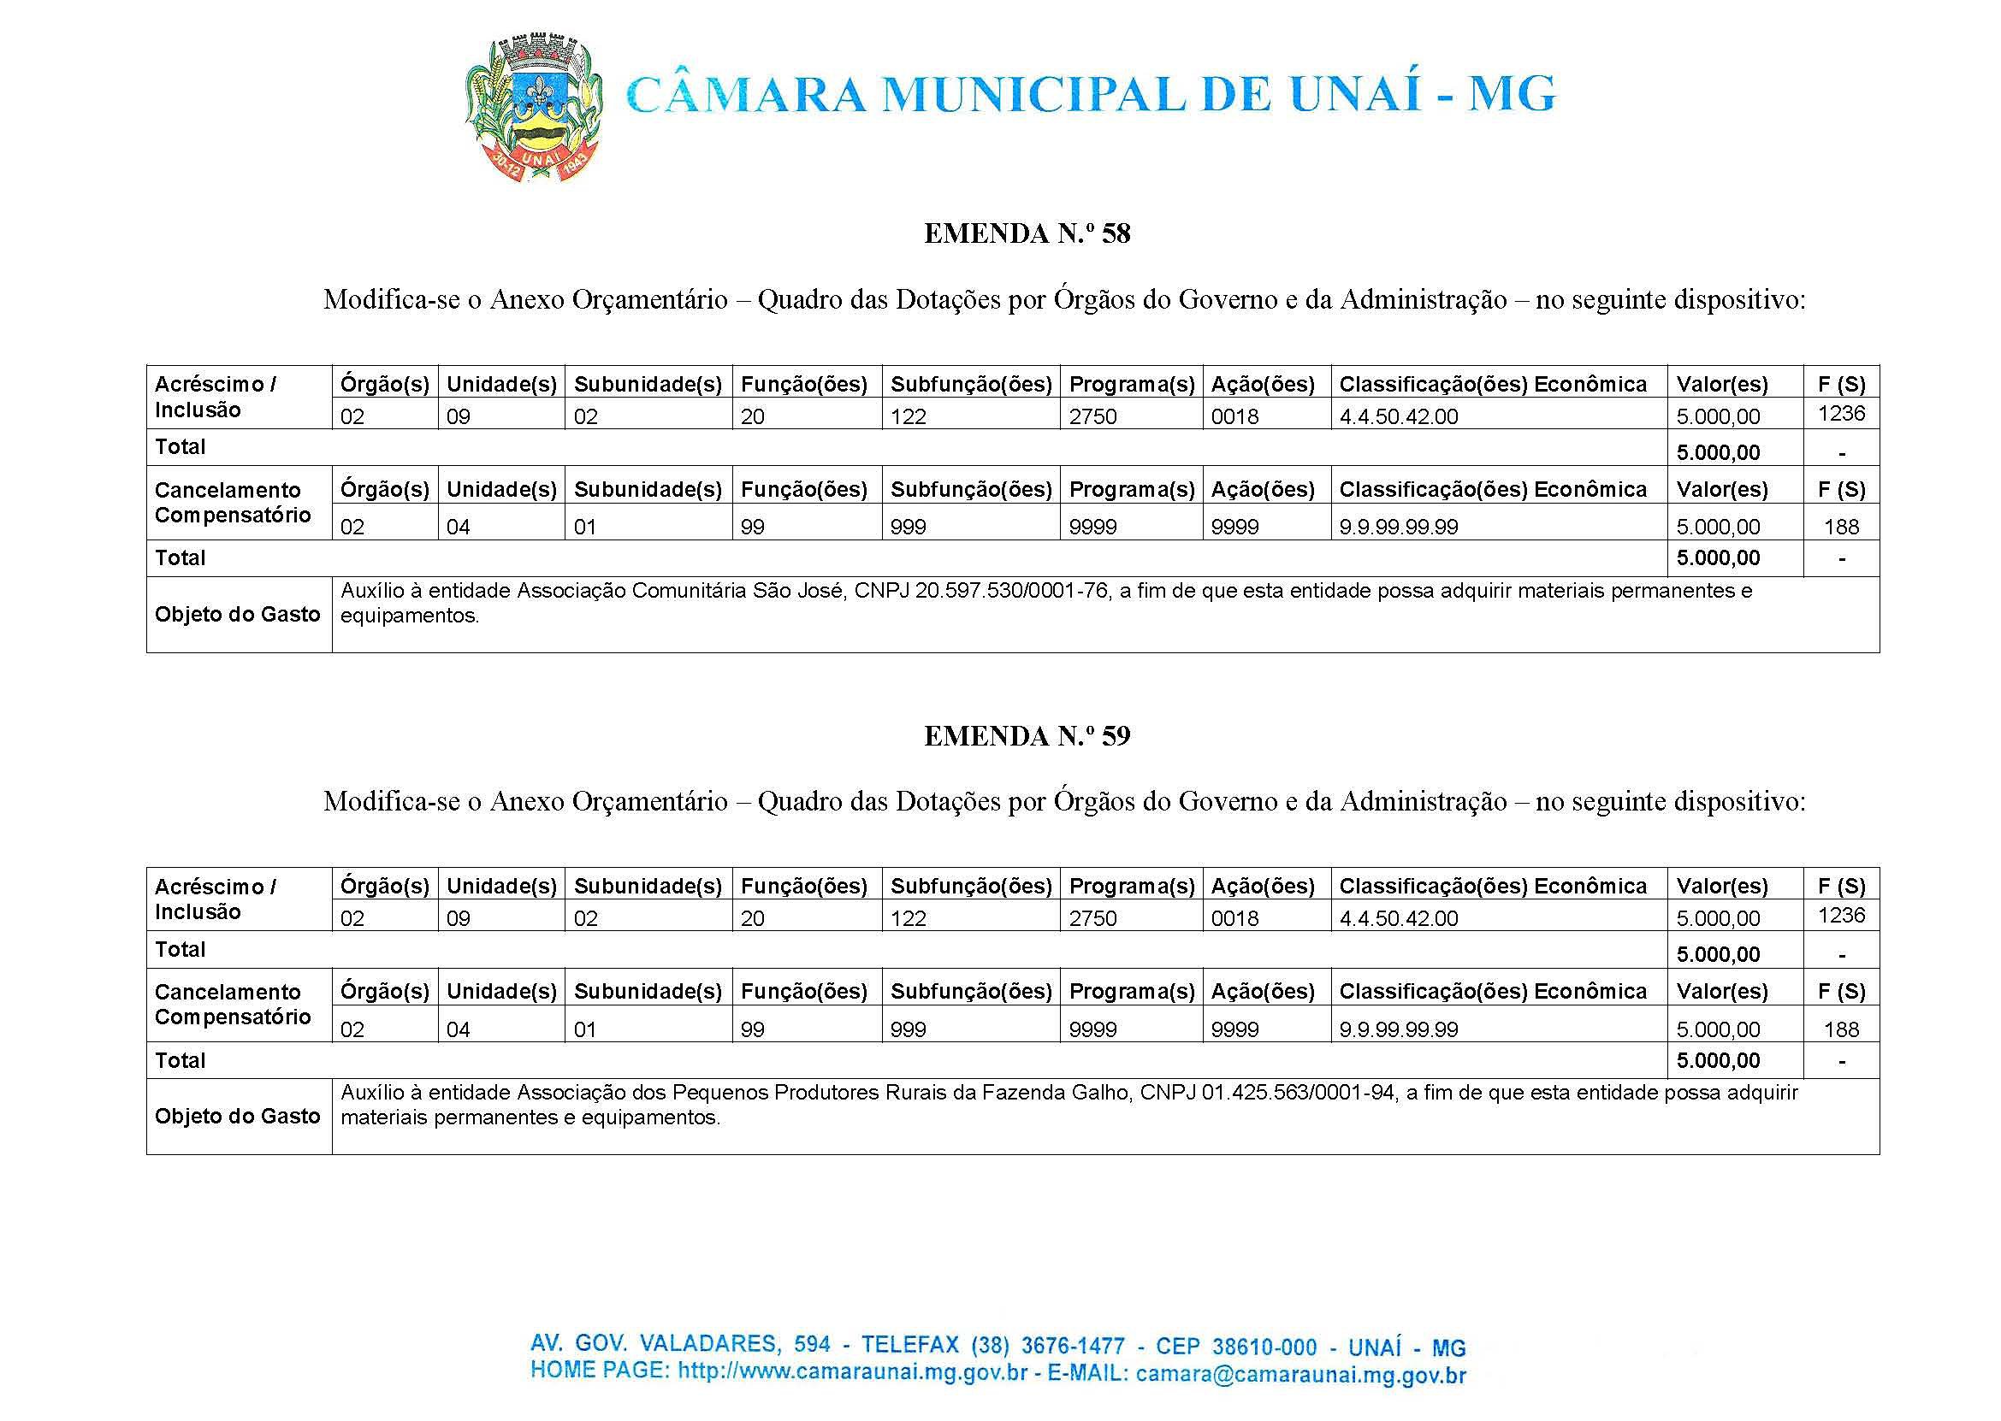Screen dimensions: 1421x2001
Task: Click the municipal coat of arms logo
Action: (x=532, y=108)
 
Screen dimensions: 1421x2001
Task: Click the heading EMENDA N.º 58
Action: (x=1027, y=233)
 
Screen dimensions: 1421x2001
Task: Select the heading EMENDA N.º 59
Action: (x=1027, y=736)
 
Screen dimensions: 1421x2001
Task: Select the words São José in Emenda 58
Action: (x=799, y=591)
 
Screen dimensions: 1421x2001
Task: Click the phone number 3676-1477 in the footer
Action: (x=1060, y=1344)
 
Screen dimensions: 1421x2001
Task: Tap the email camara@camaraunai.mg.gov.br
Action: (x=1300, y=1375)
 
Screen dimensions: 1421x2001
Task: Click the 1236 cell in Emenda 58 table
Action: (x=1841, y=413)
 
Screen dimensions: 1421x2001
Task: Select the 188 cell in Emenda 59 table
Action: (x=1841, y=1029)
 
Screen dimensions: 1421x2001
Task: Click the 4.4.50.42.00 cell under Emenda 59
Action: (x=1399, y=919)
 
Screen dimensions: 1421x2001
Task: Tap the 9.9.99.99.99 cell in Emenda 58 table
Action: (x=1399, y=527)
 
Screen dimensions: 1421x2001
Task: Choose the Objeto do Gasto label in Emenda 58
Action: (x=237, y=614)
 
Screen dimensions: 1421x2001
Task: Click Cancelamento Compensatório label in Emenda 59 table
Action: (x=232, y=1005)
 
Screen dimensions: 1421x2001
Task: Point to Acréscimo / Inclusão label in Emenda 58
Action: (x=216, y=397)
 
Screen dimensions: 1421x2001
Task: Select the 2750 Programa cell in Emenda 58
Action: (x=1092, y=416)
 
